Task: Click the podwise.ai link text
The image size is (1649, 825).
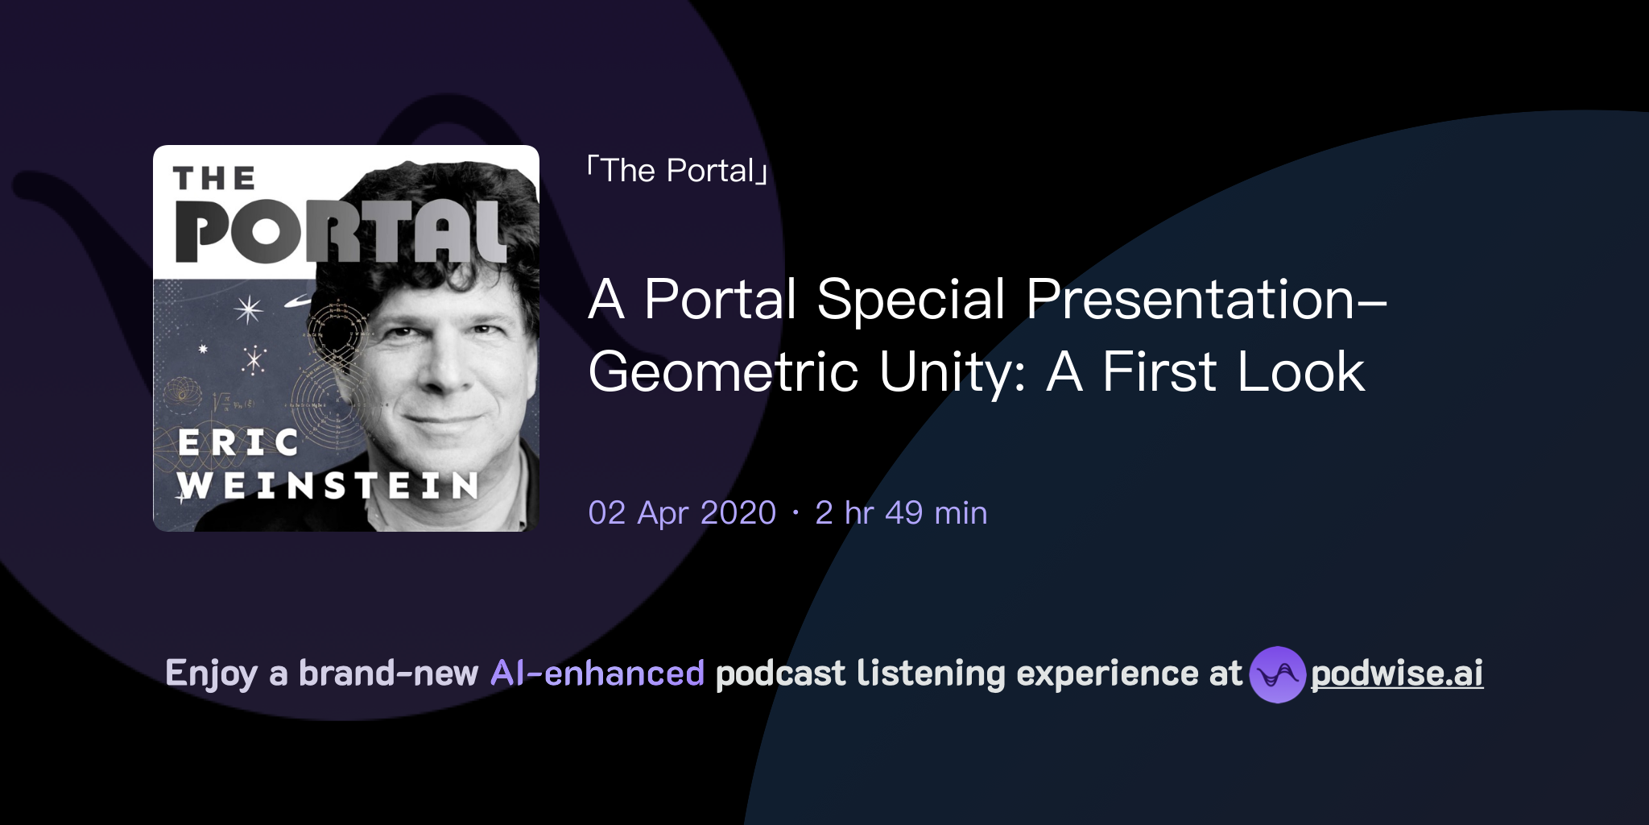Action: pyautogui.click(x=1397, y=674)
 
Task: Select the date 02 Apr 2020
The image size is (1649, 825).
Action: pyautogui.click(x=682, y=513)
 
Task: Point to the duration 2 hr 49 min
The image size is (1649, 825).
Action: pyautogui.click(x=901, y=513)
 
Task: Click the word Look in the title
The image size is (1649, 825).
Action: pyautogui.click(x=1300, y=372)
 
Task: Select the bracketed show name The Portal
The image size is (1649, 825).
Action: pyautogui.click(x=677, y=171)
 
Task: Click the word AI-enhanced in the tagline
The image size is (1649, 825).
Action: pyautogui.click(x=597, y=674)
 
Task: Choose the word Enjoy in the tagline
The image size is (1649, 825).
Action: pyautogui.click(x=212, y=674)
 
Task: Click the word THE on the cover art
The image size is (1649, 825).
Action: pyautogui.click(x=214, y=179)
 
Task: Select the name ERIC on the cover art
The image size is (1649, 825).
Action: pyautogui.click(x=238, y=442)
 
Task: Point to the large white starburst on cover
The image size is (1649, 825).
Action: pyautogui.click(x=248, y=309)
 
